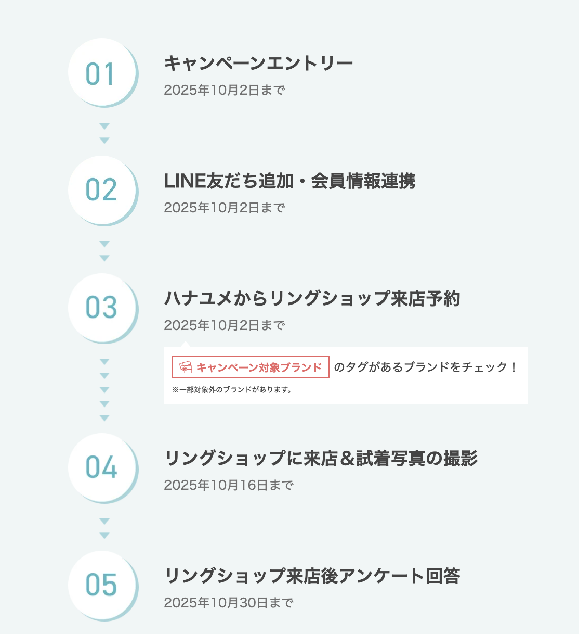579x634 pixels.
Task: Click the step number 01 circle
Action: tap(103, 73)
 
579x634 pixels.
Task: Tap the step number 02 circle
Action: tap(103, 191)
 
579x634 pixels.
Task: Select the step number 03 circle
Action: tap(103, 308)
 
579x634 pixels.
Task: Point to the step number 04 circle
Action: tap(103, 468)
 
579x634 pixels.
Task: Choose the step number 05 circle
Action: tap(103, 586)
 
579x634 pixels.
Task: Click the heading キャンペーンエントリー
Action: tap(258, 63)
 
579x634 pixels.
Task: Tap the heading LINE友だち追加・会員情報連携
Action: tap(289, 181)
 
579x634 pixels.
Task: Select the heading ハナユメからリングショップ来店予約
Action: tap(312, 298)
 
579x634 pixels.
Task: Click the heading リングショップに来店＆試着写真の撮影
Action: tap(321, 458)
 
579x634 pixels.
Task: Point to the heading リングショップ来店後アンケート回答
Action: tap(312, 576)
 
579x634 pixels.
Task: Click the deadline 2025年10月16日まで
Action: tap(229, 485)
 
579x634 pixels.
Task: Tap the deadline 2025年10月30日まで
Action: tap(229, 603)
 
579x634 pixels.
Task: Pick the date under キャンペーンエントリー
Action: tap(225, 90)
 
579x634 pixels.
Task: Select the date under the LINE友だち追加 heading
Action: tap(225, 208)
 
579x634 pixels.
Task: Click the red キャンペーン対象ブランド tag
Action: tap(251, 367)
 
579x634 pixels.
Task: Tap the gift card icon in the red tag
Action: tap(186, 367)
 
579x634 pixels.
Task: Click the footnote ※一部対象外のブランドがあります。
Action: tap(232, 390)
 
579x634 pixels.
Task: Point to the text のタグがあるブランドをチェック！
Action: tap(425, 367)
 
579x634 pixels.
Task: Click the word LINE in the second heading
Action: tap(185, 181)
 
